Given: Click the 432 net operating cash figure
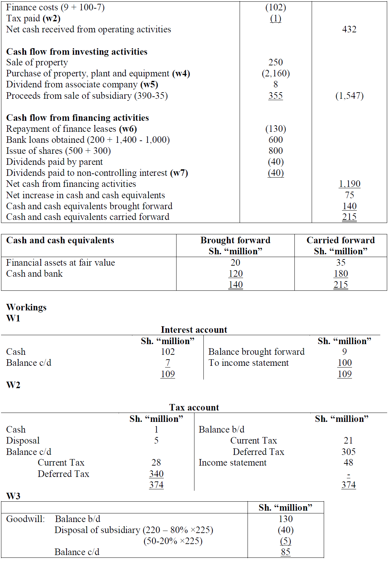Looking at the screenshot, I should tap(349, 30).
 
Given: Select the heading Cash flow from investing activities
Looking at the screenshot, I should tap(77, 52).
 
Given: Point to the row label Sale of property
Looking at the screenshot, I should tap(37, 63).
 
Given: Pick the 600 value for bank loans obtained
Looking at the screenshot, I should tap(275, 140).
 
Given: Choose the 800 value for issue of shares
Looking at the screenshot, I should tap(275, 151).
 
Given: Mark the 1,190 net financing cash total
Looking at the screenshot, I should tap(349, 184).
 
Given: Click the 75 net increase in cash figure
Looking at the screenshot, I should tap(349, 195).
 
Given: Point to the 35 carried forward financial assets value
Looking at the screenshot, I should tap(341, 263).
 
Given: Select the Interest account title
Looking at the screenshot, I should tap(194, 330).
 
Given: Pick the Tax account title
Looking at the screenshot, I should tap(194, 407).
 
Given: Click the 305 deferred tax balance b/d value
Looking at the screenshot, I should tap(348, 451).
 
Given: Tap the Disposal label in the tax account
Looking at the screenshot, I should tap(23, 440).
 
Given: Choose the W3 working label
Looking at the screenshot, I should tap(13, 496).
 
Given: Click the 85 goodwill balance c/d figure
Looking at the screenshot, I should tap(285, 552).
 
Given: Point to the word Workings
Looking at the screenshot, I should tap(26, 307).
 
